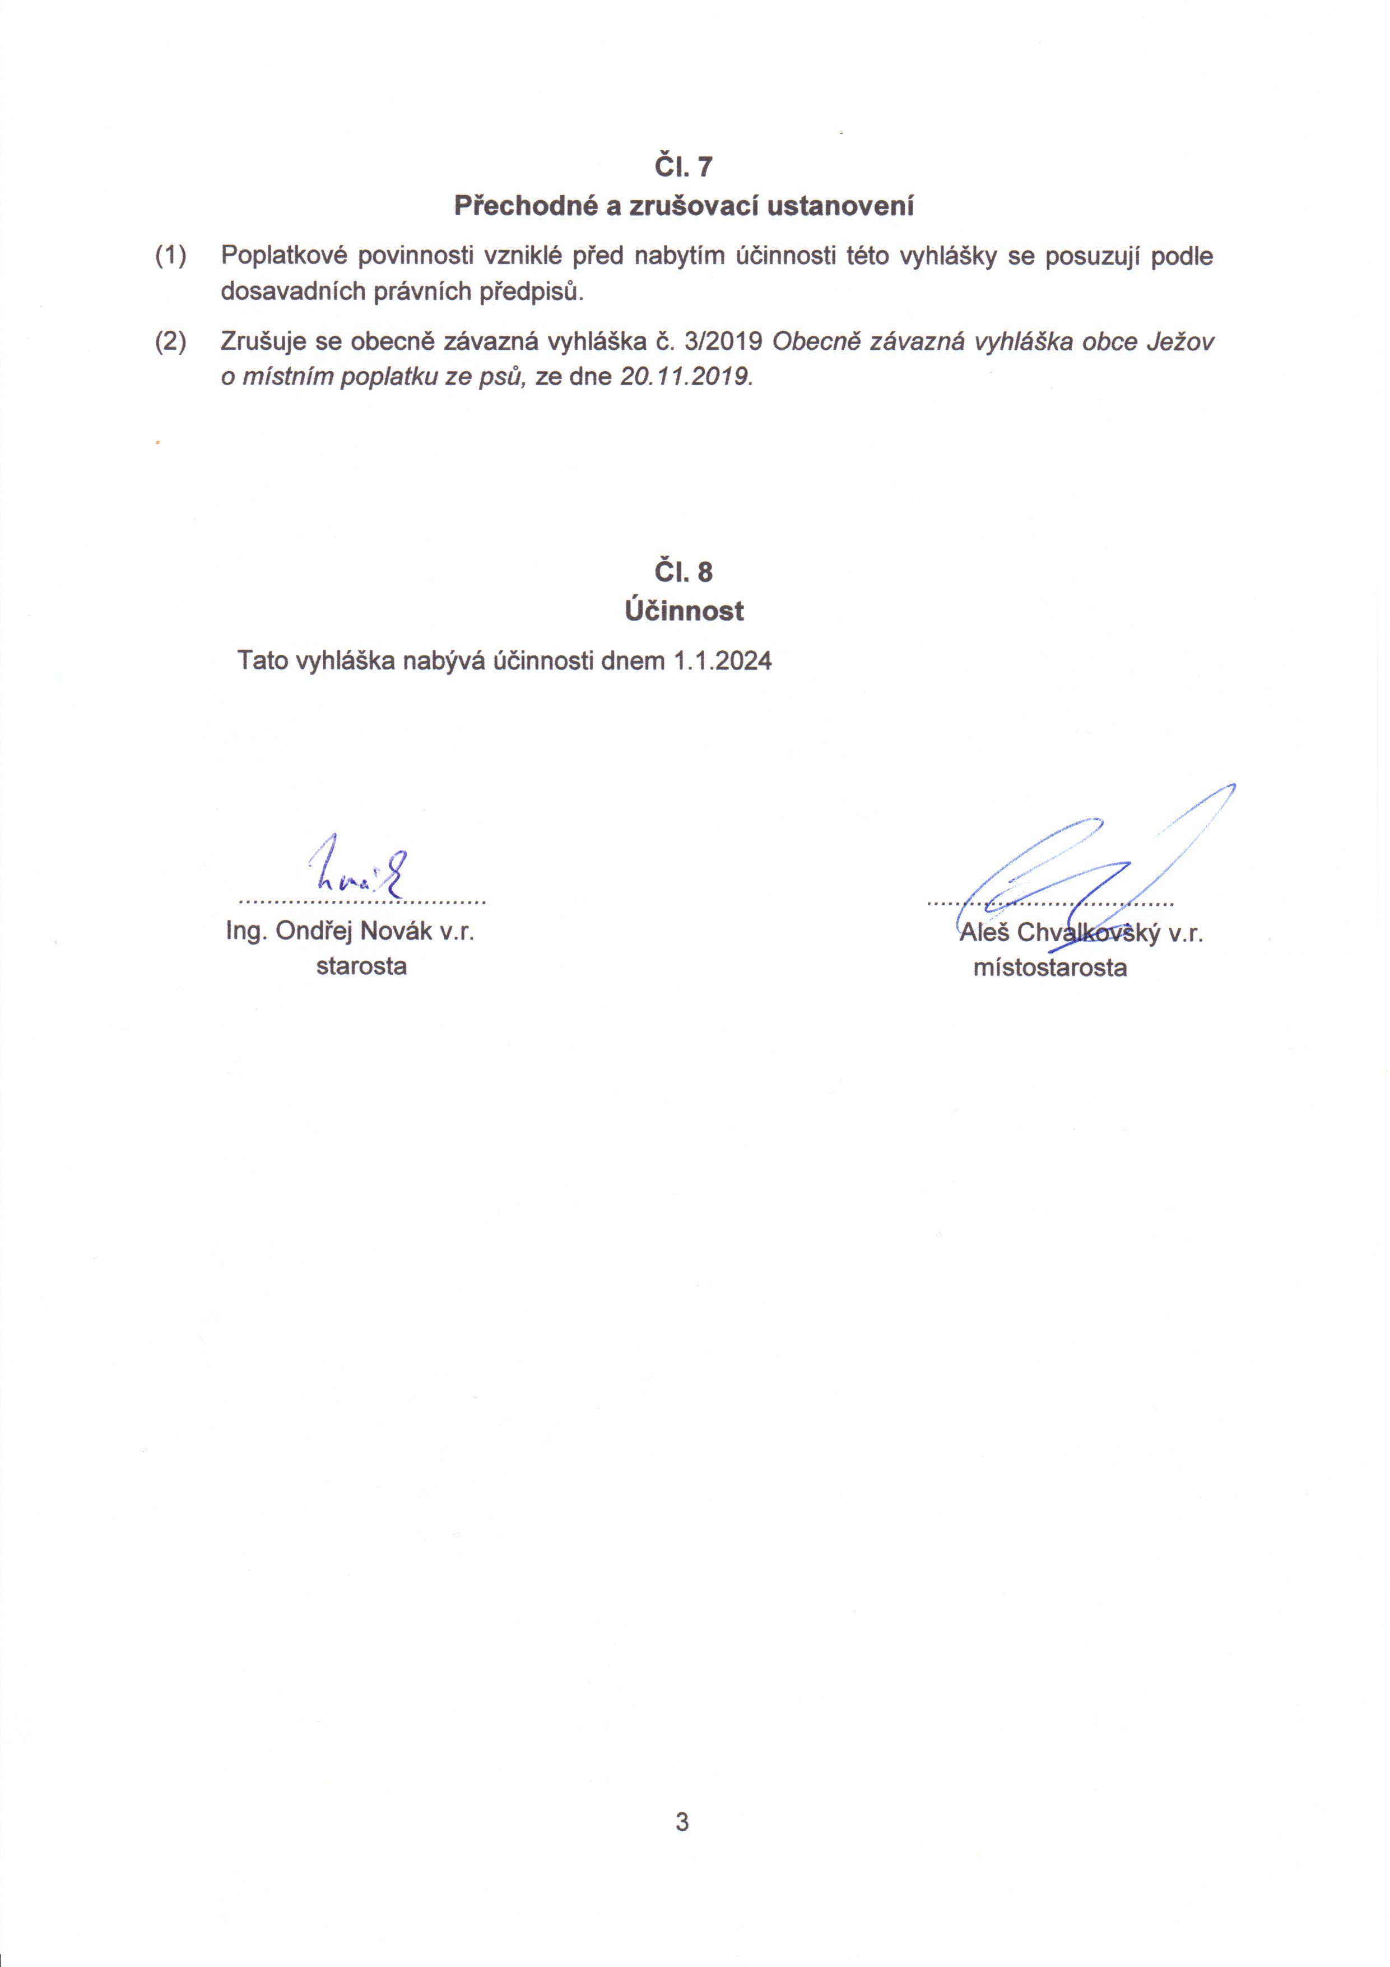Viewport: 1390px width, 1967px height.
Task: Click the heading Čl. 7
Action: pyautogui.click(x=682, y=166)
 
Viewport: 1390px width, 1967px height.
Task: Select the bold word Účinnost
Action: pyautogui.click(x=684, y=611)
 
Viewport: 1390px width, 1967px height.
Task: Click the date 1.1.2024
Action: pyautogui.click(x=723, y=660)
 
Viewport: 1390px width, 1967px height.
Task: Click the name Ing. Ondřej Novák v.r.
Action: pyautogui.click(x=350, y=931)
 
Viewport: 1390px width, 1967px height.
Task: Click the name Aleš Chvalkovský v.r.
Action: pyautogui.click(x=1081, y=933)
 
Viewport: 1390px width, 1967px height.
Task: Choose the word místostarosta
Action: pyautogui.click(x=1050, y=968)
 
